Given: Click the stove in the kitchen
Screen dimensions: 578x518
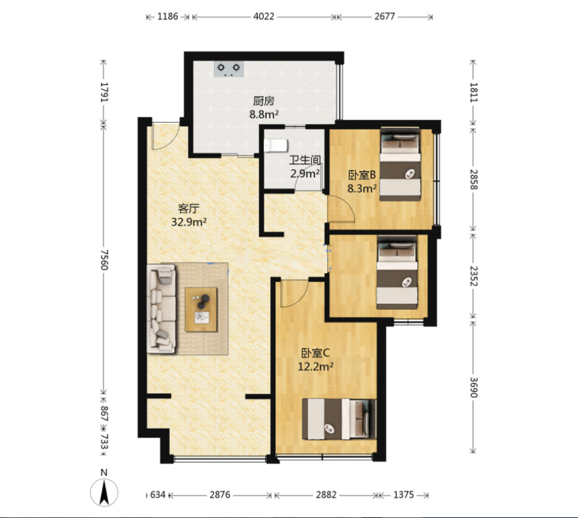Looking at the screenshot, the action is point(229,69).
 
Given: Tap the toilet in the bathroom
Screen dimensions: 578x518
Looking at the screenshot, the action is point(276,145).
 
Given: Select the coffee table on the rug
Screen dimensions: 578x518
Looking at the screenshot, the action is point(201,309).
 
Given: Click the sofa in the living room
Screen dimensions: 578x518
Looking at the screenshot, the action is point(162,308).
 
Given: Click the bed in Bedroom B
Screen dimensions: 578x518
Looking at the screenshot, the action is point(400,164).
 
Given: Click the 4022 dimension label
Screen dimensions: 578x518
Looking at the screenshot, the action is point(264,16).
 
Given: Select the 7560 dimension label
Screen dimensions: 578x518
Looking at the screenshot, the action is point(104,260).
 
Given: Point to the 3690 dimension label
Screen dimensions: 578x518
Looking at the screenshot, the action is point(474,388).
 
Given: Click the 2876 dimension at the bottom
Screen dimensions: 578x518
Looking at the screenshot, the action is point(220,495).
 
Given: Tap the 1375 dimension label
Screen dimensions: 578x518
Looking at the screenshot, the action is point(404,495).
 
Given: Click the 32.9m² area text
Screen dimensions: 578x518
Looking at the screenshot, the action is point(189,222).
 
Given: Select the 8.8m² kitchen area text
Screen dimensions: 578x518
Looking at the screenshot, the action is point(264,115).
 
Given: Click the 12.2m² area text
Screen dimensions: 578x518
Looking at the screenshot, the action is point(316,367).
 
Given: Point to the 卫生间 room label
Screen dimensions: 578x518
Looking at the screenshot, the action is point(305,160).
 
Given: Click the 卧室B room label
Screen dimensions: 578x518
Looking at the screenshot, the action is point(362,174).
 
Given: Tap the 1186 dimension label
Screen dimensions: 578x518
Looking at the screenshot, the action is point(168,16).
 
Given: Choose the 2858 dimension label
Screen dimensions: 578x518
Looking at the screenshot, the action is point(474,179).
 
